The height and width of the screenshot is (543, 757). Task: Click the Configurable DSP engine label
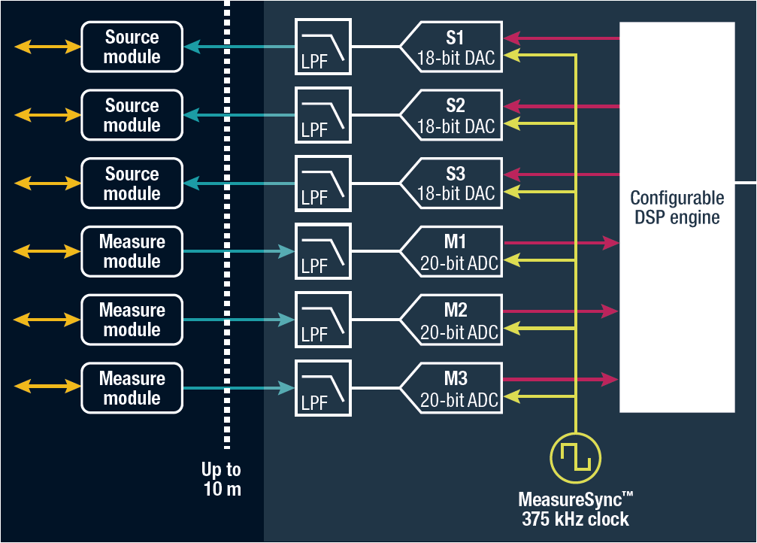[677, 208]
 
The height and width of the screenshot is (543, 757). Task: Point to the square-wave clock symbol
[576, 457]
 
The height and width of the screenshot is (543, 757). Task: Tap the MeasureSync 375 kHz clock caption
[576, 509]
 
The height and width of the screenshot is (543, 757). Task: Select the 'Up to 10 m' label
[221, 480]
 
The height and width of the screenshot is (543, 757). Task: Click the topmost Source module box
[132, 47]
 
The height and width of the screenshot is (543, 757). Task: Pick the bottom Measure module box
[132, 389]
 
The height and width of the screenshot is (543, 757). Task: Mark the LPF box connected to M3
[322, 389]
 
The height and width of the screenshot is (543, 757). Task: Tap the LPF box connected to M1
[322, 252]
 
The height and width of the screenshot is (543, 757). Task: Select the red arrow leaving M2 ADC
[560, 311]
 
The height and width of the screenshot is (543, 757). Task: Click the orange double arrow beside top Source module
[47, 47]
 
